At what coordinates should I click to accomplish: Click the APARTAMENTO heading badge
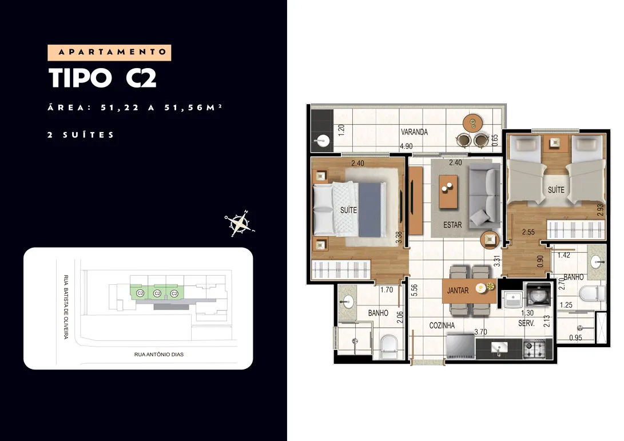[x=109, y=53]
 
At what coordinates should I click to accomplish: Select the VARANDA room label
[x=414, y=132]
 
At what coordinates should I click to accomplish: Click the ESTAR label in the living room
[x=452, y=225]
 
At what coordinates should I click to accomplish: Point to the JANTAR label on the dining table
[x=458, y=291]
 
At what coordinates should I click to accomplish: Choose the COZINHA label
[x=442, y=325]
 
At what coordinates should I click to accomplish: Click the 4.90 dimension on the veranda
[x=406, y=146]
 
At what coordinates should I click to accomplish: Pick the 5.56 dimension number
[x=414, y=290]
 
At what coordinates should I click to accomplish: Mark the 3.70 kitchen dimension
[x=481, y=332]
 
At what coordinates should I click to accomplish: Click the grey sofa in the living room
[x=484, y=196]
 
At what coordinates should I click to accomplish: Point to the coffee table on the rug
[x=448, y=192]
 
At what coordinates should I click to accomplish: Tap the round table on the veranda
[x=473, y=123]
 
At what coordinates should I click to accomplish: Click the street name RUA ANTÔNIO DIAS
[x=159, y=354]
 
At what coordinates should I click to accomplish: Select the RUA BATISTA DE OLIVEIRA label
[x=66, y=307]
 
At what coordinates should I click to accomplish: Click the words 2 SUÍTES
[x=81, y=135]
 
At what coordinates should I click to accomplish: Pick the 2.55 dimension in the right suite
[x=528, y=232]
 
